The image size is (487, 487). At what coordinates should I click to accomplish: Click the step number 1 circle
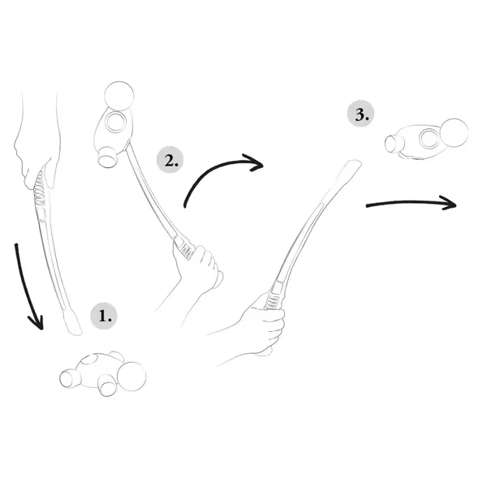[x=104, y=317]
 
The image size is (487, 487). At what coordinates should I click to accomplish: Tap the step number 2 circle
[x=170, y=160]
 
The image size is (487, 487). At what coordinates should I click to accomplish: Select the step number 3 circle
[x=360, y=114]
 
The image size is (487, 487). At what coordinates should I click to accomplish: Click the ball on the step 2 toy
[x=119, y=96]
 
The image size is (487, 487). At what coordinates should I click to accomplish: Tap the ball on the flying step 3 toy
[x=454, y=132]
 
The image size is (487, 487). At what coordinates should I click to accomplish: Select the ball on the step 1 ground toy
[x=131, y=376]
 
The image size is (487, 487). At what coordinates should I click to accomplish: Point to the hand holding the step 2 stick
[x=196, y=274]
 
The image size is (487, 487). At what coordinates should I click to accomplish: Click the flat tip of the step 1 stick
[x=73, y=323]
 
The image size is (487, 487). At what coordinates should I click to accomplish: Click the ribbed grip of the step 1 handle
[x=41, y=189]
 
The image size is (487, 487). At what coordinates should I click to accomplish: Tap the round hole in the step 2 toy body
[x=114, y=122]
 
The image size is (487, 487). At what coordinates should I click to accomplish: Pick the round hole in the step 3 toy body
[x=429, y=138]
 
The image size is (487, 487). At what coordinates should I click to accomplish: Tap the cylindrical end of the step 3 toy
[x=394, y=144]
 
